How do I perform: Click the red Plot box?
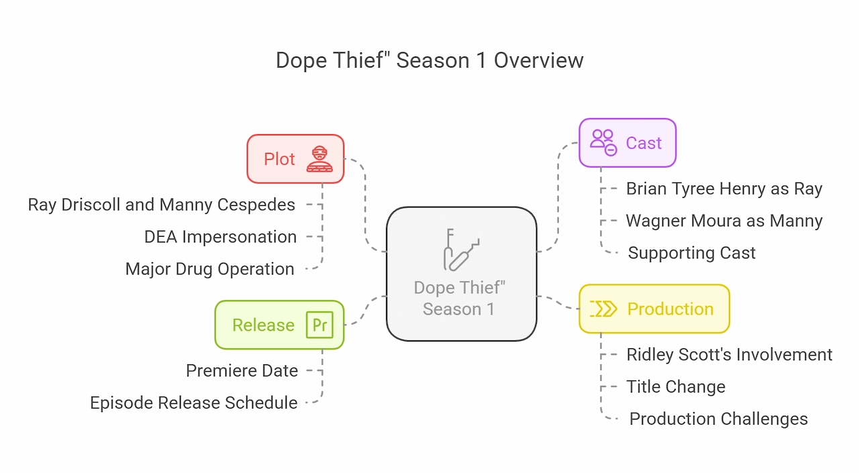[x=295, y=159]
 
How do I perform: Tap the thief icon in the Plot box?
[x=319, y=159]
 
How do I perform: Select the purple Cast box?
[x=627, y=143]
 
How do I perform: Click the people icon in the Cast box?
[x=603, y=143]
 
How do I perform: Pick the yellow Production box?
[x=654, y=309]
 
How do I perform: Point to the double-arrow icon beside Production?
[x=603, y=309]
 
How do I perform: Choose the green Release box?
[x=280, y=325]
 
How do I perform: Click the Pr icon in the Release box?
[x=319, y=325]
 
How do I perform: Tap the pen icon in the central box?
[x=461, y=250]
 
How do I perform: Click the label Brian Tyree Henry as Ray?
[x=724, y=189]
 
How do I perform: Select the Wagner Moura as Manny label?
[x=724, y=221]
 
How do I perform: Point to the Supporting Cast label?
[x=691, y=253]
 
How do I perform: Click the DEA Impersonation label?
[x=221, y=237]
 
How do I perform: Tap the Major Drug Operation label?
[x=210, y=269]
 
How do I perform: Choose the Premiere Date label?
[x=242, y=370]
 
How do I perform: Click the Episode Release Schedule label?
[x=194, y=403]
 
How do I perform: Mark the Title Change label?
[x=676, y=386]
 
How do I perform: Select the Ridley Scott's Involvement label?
[x=729, y=354]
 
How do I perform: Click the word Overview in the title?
[x=538, y=60]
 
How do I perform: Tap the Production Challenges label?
[x=719, y=419]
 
